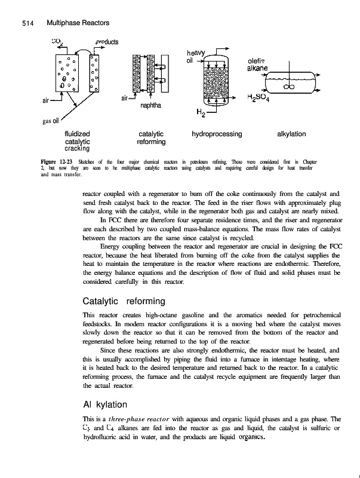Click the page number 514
click(24, 22)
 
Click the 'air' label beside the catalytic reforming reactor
click(125, 97)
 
